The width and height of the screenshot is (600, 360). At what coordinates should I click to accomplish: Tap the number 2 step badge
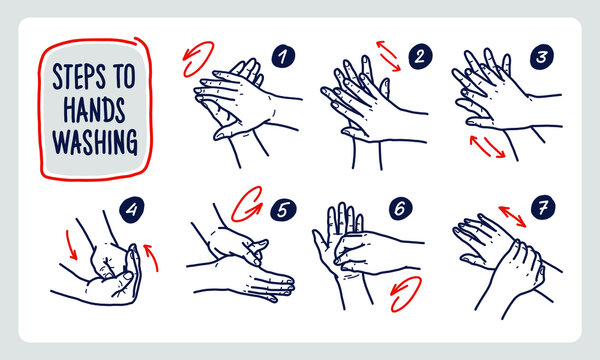419,56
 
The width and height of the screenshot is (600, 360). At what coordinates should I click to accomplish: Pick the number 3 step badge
543,56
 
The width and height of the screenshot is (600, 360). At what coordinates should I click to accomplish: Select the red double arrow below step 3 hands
487,147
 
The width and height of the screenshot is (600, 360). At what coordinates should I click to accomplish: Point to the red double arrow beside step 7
512,216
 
